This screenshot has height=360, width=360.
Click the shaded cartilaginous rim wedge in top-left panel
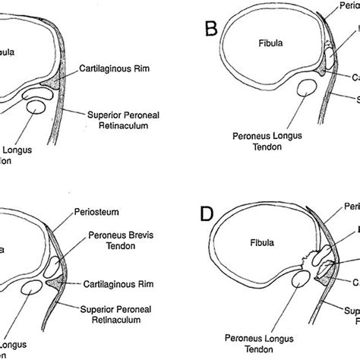(x=53, y=80)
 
